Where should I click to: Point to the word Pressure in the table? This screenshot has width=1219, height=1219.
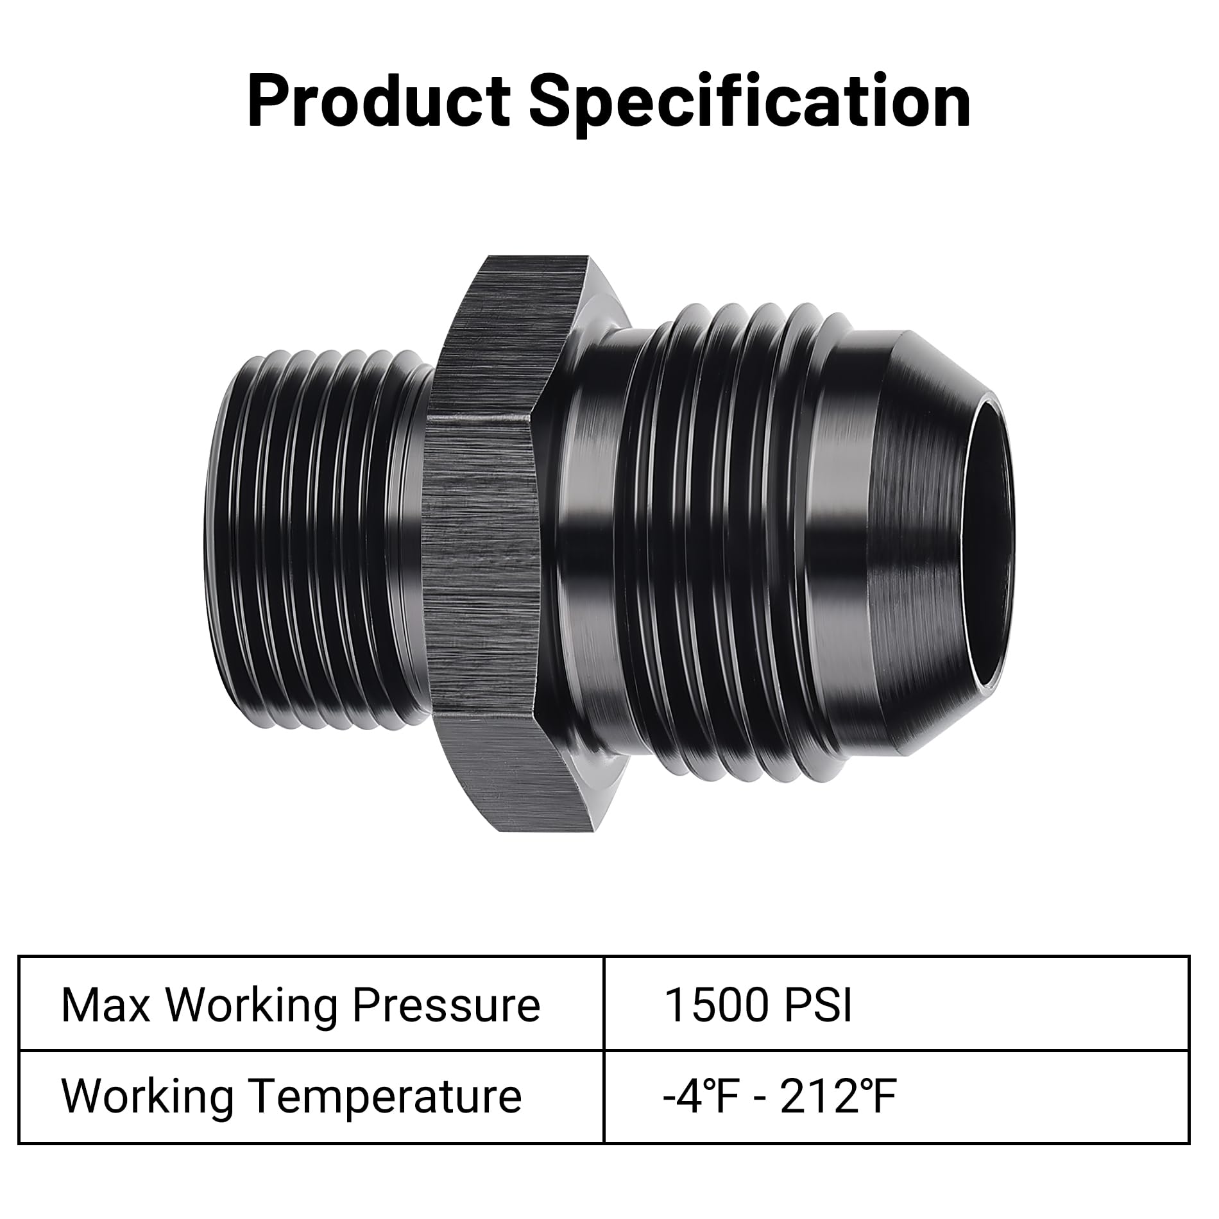click(447, 1006)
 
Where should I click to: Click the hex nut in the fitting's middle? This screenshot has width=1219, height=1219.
click(481, 545)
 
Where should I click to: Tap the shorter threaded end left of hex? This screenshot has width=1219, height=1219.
click(314, 545)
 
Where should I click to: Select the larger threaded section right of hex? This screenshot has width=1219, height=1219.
click(725, 545)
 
